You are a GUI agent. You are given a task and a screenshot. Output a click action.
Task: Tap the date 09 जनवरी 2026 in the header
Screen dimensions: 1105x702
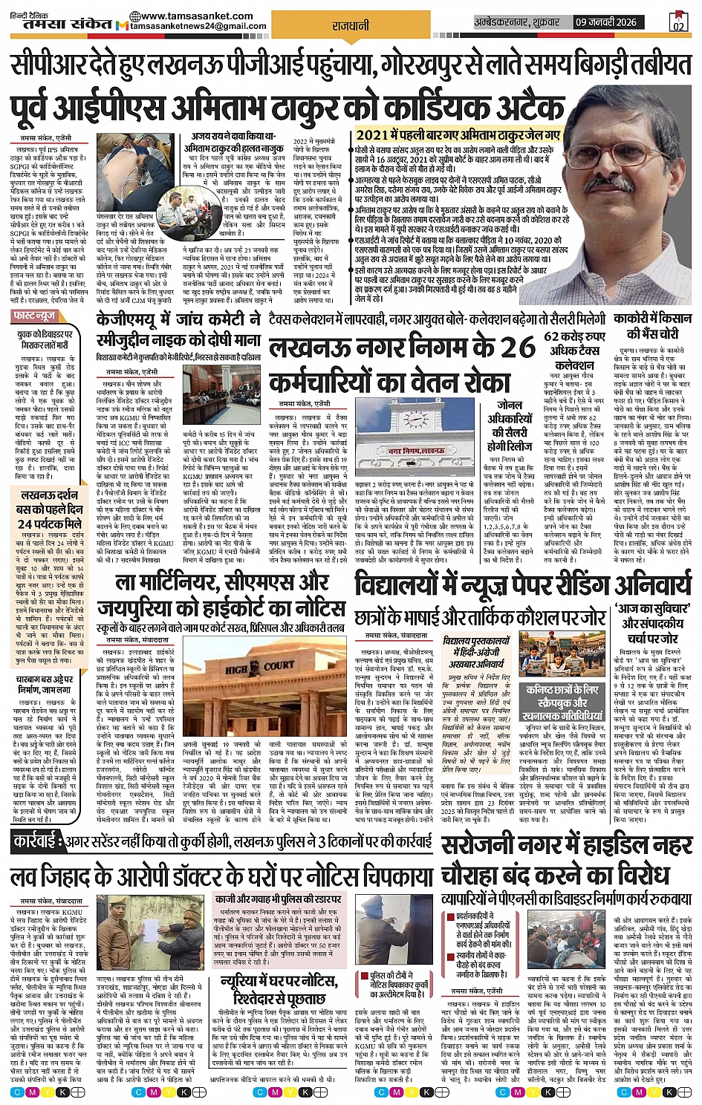(x=606, y=22)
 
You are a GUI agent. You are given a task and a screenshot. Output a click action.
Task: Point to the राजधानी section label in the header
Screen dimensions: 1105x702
(x=351, y=26)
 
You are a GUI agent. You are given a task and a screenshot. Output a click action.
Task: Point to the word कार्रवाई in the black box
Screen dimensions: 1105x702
(x=39, y=843)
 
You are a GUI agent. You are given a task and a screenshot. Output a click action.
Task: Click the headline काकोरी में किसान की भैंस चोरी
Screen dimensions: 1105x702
(x=652, y=326)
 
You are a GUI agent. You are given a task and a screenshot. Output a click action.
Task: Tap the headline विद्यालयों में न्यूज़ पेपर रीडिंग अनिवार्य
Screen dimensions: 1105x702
(x=523, y=584)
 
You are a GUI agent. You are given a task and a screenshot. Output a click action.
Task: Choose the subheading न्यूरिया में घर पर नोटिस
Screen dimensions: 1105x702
(x=279, y=989)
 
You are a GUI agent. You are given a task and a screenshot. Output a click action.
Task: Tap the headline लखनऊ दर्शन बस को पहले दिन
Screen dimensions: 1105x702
(x=50, y=508)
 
